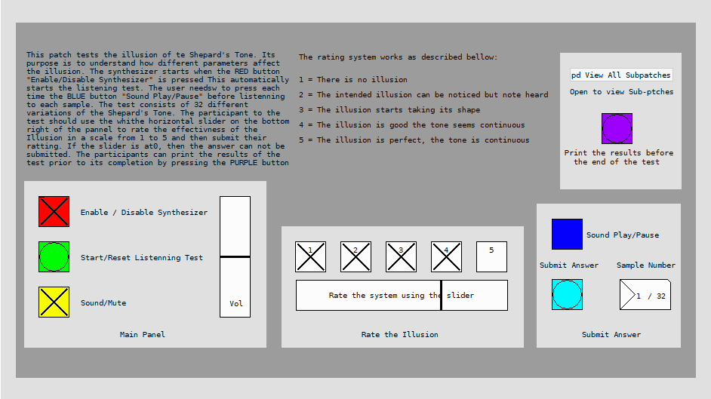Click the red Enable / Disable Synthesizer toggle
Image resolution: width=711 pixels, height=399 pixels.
54,211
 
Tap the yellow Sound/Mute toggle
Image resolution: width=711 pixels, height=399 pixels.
54,302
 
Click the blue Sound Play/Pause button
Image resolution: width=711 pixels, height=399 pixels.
568,234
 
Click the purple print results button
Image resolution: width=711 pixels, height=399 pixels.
617,129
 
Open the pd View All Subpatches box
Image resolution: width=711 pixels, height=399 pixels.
621,75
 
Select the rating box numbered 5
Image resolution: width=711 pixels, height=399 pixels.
491,256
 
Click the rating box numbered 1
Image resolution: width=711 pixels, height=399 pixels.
311,256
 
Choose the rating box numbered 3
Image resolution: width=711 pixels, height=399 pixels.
402,256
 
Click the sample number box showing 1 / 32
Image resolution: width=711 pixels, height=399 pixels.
645,295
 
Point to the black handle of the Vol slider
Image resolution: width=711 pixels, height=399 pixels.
235,256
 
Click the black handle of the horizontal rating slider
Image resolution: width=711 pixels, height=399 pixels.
442,295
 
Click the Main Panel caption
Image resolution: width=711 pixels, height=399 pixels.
143,335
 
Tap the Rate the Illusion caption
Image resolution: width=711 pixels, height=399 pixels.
400,335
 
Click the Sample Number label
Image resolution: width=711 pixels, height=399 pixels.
645,265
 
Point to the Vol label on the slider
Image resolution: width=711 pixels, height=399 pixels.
235,303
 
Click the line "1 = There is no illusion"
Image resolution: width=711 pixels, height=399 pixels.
352,80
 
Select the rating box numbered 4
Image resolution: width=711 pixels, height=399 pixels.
447,256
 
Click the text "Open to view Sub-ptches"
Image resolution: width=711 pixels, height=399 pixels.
622,92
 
